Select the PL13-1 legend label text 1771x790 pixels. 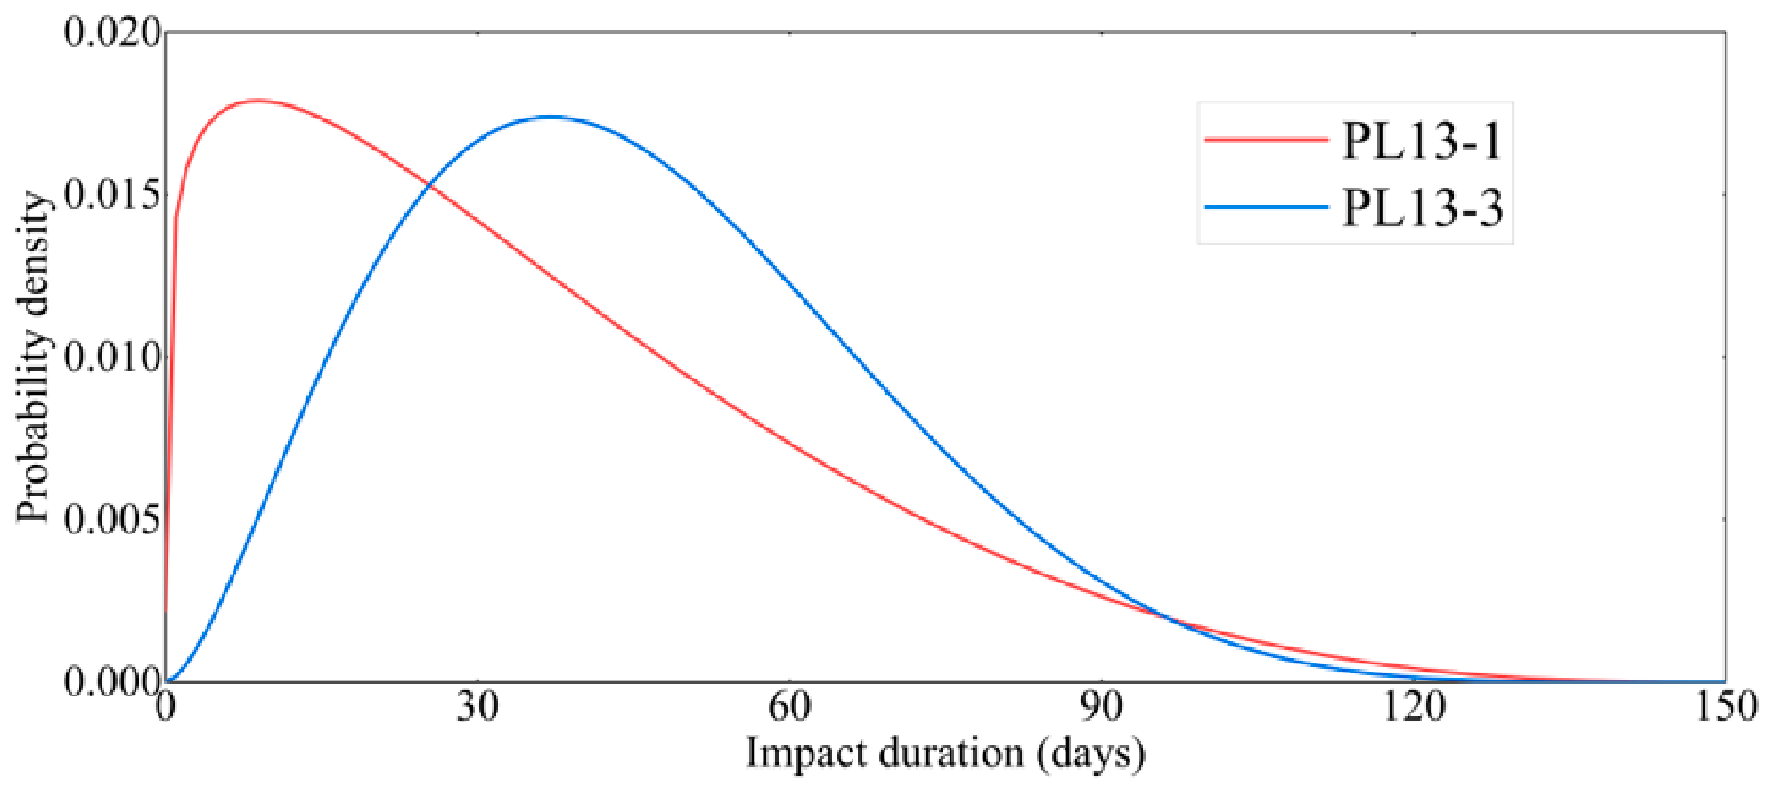1422,141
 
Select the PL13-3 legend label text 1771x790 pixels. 1423,208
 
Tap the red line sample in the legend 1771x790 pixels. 1266,140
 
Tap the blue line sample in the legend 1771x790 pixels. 1266,207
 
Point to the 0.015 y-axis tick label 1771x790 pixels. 112,195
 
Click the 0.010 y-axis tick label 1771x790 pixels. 112,357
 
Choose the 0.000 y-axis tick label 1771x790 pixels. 112,682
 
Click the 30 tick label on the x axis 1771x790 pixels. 477,706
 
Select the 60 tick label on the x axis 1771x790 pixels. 789,706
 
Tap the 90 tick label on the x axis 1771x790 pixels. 1102,706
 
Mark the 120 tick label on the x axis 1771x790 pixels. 1414,706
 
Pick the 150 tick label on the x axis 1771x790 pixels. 1726,706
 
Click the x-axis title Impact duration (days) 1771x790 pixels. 945,753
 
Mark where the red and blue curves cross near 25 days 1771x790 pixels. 429,185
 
